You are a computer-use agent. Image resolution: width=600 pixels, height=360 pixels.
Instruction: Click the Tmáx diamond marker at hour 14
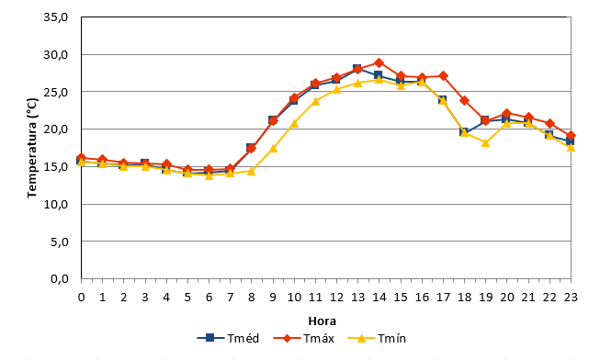[379, 63]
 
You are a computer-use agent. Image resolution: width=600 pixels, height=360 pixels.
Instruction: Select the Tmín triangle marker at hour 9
[273, 148]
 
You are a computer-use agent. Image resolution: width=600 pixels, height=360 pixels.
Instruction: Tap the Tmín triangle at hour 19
[485, 142]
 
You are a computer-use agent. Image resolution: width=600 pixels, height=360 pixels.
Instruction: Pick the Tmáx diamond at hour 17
[443, 75]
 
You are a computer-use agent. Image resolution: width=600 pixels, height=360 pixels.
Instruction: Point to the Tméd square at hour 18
[464, 132]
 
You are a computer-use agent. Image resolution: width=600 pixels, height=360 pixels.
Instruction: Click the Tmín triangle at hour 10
[294, 123]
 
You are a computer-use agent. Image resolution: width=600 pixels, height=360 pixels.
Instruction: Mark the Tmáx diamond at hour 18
[465, 101]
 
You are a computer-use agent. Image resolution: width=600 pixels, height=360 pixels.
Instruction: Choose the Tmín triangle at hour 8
[252, 171]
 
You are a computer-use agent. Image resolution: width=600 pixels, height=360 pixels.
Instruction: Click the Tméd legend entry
[229, 338]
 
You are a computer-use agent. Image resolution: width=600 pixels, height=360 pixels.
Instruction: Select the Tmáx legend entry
[304, 338]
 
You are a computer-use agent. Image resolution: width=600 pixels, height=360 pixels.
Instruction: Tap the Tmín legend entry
[377, 338]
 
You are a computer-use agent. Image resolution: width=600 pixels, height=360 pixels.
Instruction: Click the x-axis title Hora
[323, 321]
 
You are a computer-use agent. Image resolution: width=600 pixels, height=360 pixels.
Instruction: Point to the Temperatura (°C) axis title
[32, 148]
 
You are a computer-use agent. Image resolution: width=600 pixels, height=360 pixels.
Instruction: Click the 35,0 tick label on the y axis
[56, 17]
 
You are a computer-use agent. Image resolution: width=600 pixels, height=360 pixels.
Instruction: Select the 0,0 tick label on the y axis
[60, 279]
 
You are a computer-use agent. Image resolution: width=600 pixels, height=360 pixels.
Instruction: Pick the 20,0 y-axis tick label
[56, 129]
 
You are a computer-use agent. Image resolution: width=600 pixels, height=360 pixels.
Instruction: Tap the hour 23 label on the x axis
[571, 298]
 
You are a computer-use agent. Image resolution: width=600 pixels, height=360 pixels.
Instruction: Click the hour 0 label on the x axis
[81, 298]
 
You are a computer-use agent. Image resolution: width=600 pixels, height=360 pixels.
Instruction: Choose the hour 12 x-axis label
[336, 298]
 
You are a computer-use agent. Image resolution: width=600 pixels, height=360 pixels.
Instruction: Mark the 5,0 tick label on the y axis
[60, 242]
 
